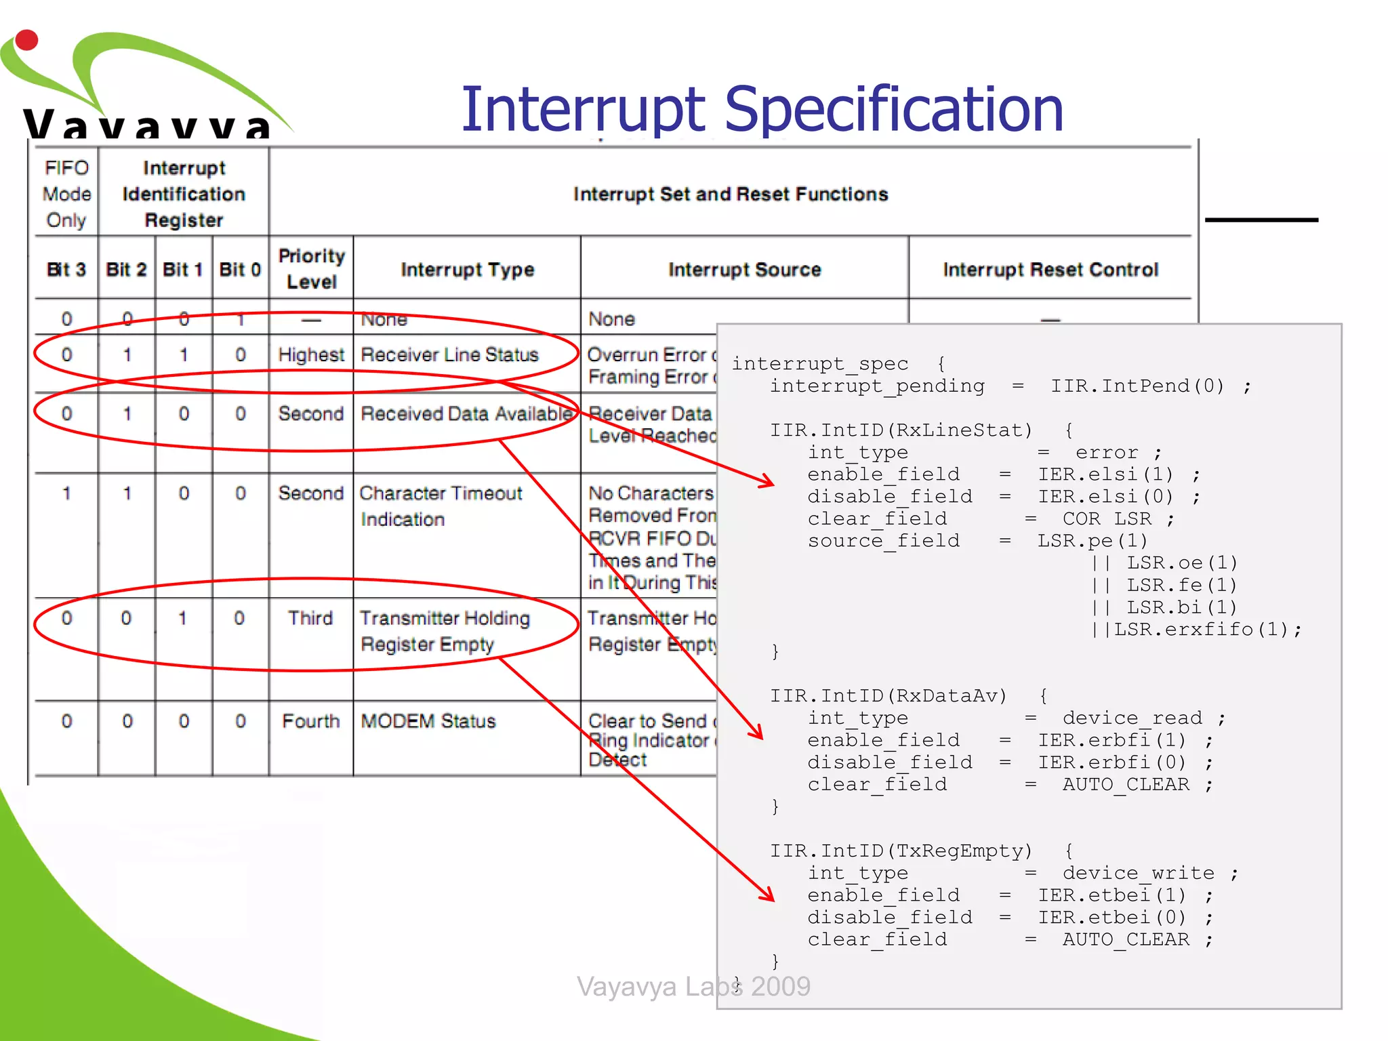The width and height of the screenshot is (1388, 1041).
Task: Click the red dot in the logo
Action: tap(26, 40)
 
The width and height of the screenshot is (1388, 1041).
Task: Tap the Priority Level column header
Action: tap(311, 268)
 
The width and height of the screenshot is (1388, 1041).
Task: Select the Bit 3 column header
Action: tap(66, 269)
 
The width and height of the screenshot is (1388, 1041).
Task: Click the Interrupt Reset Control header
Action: tap(1050, 269)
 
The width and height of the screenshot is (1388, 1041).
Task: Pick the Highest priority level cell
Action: tap(311, 354)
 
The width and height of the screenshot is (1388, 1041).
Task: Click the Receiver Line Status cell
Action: tap(449, 354)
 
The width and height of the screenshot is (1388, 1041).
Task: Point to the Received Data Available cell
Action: tap(466, 413)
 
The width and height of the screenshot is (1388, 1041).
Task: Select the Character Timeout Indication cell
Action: tap(441, 506)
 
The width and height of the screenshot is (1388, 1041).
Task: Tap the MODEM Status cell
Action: tap(428, 720)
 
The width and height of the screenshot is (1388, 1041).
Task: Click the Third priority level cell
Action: tap(310, 617)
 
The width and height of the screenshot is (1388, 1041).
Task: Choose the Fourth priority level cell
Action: tap(311, 720)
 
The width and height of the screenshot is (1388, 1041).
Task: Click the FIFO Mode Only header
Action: tap(66, 194)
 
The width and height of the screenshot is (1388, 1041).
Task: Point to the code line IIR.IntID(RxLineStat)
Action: tap(901, 430)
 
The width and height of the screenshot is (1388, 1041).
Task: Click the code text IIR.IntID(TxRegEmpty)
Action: tap(901, 851)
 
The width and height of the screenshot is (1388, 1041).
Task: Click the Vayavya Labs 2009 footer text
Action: tap(693, 986)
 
